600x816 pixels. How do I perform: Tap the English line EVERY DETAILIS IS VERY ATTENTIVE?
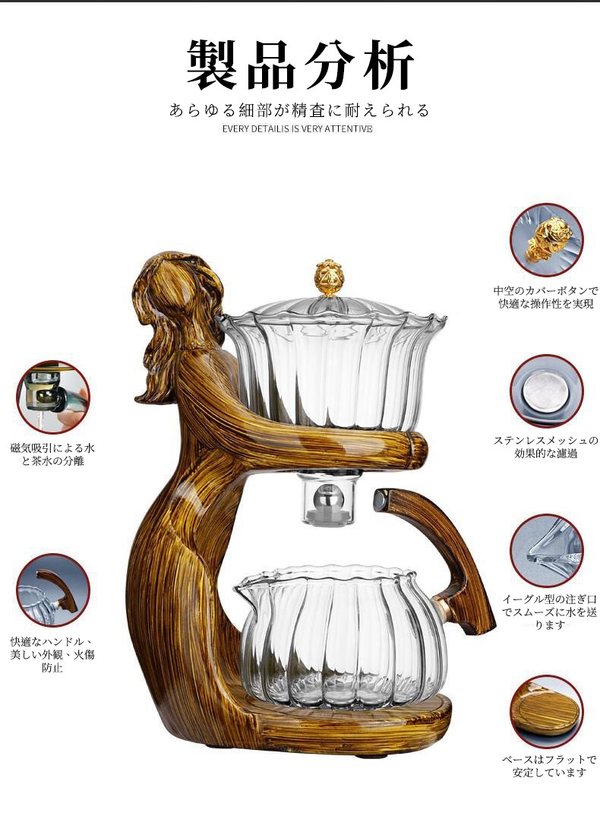[297, 129]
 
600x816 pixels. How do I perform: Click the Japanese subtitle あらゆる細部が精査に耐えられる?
[299, 110]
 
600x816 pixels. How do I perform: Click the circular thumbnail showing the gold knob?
[546, 240]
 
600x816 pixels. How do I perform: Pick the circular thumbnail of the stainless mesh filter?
[546, 391]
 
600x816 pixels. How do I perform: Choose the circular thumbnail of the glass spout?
[546, 551]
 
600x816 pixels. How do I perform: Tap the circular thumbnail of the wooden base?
[546, 711]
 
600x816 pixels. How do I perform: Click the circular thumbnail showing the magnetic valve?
[53, 397]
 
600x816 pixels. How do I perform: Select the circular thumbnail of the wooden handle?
[53, 590]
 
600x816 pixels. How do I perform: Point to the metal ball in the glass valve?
[330, 497]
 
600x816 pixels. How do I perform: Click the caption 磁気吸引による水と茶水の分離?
[52, 454]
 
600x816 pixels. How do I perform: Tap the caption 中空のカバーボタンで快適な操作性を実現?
[546, 297]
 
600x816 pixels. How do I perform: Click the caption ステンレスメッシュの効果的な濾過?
[546, 447]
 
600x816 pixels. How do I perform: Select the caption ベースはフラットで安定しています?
[549, 766]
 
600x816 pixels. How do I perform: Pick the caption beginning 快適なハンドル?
[52, 654]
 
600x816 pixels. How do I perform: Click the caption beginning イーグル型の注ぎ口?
[549, 612]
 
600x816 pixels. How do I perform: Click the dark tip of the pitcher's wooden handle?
[381, 501]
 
